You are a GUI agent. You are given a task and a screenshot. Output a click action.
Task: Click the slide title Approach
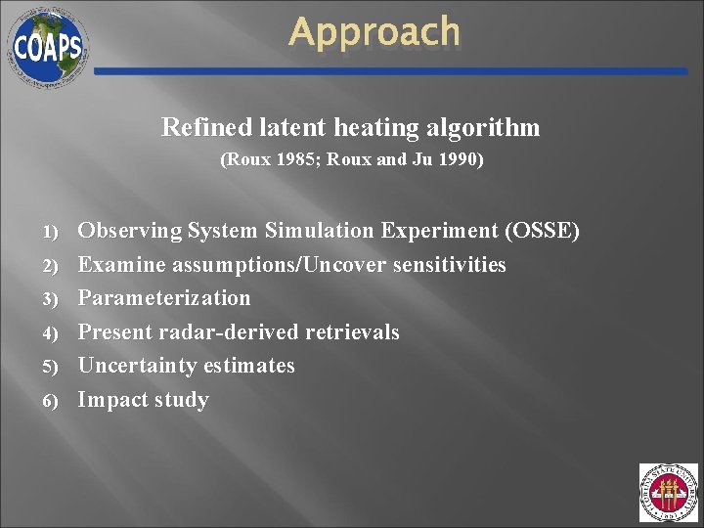point(374,32)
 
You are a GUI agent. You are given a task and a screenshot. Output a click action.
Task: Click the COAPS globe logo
point(47,45)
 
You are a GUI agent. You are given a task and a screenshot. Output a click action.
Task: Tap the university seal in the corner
point(668,493)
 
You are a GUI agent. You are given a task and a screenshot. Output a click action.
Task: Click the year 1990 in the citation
point(458,158)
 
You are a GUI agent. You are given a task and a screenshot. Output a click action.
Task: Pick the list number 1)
point(52,232)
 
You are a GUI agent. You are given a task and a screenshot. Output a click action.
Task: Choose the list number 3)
point(52,298)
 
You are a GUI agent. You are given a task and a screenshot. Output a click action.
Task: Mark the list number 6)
point(52,400)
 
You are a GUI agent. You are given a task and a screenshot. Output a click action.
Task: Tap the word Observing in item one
point(130,231)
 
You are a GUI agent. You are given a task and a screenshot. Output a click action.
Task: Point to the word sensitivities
point(449,265)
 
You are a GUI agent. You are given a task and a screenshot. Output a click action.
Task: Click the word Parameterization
point(164,298)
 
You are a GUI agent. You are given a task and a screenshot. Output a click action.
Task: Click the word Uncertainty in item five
point(138,366)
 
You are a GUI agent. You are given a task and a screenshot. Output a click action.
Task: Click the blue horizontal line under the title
point(391,71)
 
